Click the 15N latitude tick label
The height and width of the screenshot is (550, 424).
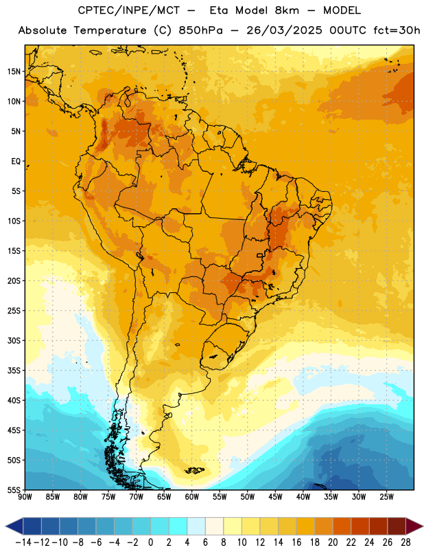[x=14, y=71]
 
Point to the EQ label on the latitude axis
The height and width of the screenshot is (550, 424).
[x=16, y=162]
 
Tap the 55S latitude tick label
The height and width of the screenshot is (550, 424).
[x=14, y=490]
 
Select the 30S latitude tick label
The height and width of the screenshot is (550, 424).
[x=14, y=340]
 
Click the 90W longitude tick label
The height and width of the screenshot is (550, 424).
[x=25, y=497]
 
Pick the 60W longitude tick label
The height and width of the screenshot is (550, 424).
[x=192, y=497]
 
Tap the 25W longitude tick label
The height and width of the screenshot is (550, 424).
[x=386, y=497]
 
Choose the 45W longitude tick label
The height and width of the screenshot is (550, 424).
[x=275, y=497]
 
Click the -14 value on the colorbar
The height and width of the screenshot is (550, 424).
[x=23, y=542]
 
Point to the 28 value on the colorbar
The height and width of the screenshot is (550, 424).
[x=405, y=542]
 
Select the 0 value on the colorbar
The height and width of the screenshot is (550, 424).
[x=150, y=542]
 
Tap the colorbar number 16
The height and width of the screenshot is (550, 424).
[x=296, y=542]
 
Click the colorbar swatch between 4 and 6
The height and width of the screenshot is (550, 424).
[x=196, y=526]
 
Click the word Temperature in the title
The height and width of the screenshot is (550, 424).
[x=110, y=30]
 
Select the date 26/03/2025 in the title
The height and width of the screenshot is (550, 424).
[x=284, y=30]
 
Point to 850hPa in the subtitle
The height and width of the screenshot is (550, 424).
[x=200, y=30]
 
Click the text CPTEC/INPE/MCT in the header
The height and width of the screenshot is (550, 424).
[x=129, y=10]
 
